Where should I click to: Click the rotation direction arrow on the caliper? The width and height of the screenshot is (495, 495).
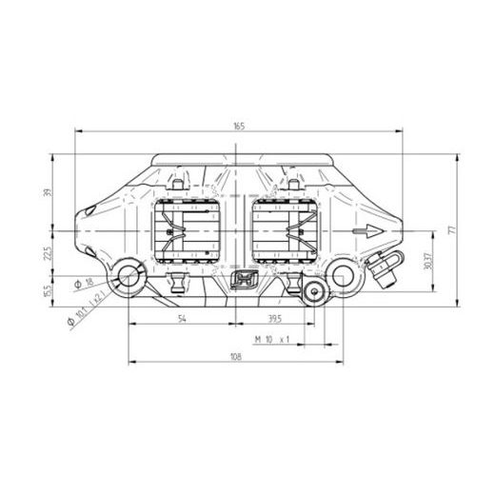click(x=366, y=231)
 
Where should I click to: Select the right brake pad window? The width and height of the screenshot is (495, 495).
click(x=287, y=231)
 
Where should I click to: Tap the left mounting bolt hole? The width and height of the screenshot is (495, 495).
click(x=128, y=278)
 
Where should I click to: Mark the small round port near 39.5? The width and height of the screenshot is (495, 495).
click(x=310, y=292)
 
